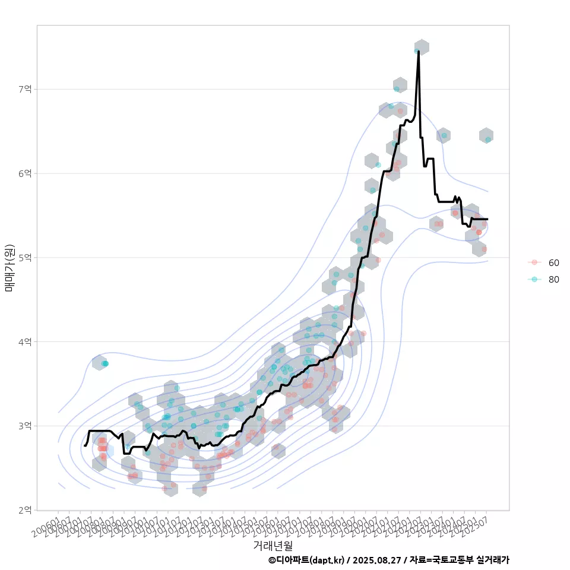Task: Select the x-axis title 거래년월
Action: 273,545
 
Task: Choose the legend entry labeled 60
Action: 553,262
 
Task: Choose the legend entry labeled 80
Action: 553,279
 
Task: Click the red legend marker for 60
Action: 534,262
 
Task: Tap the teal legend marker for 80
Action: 534,279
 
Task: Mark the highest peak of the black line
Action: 419,52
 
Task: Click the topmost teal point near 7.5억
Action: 417,51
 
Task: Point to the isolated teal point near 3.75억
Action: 105,363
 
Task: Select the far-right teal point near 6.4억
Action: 487,140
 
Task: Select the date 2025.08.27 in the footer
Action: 377,560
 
